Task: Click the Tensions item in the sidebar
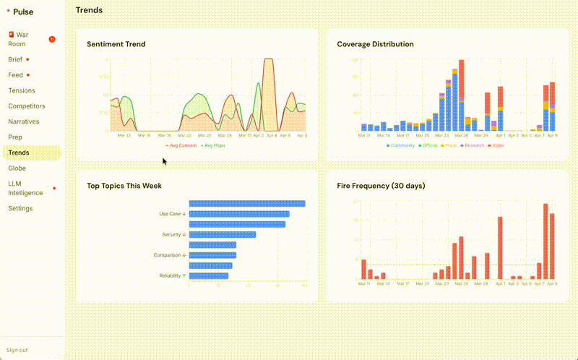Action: pyautogui.click(x=22, y=90)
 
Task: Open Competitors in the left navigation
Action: pyautogui.click(x=26, y=106)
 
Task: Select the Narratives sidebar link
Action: pyautogui.click(x=24, y=121)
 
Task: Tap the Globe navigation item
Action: pyautogui.click(x=17, y=168)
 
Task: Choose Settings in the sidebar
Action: pyautogui.click(x=20, y=208)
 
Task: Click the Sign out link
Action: pyautogui.click(x=17, y=350)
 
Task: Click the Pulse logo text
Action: pyautogui.click(x=23, y=12)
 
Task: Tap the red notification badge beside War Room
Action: pyautogui.click(x=52, y=39)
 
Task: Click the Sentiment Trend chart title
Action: pyautogui.click(x=116, y=44)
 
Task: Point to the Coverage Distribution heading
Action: pyautogui.click(x=375, y=44)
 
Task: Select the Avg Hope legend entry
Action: pyautogui.click(x=212, y=145)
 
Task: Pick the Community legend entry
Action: pyautogui.click(x=401, y=145)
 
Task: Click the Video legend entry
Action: pyautogui.click(x=497, y=145)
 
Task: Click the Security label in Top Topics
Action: pyautogui.click(x=171, y=234)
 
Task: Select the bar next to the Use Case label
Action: pyautogui.click(x=239, y=214)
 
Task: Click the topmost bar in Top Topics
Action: pyautogui.click(x=247, y=203)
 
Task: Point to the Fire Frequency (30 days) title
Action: pyautogui.click(x=381, y=186)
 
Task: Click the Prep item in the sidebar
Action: pyautogui.click(x=15, y=137)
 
